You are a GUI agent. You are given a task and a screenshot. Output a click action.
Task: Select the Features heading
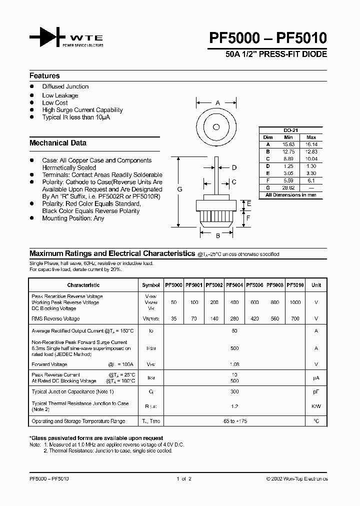pos(44,76)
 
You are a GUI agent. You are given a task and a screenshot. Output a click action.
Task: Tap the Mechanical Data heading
pos(58,143)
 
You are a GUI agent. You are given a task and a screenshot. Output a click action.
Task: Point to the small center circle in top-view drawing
pos(216,126)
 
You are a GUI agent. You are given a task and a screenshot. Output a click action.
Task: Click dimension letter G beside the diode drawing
pos(179,189)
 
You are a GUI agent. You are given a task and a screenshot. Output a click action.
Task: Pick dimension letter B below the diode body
pos(218,236)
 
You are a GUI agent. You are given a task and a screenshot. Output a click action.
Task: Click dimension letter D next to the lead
pos(234,168)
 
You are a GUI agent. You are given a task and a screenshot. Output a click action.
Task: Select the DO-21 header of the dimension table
pos(291,130)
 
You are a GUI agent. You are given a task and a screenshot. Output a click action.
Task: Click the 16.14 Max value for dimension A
pos(311,144)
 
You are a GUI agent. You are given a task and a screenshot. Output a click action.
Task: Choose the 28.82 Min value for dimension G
pos(288,188)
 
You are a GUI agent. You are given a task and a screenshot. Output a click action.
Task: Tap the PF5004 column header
pos(235,285)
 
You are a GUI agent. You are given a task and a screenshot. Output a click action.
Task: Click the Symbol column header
pos(151,285)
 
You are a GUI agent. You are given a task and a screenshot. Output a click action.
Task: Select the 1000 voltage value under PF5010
pos(295,302)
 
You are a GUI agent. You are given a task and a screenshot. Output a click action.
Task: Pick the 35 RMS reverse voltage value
pos(174,318)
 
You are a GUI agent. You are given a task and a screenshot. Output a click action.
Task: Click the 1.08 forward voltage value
pos(235,364)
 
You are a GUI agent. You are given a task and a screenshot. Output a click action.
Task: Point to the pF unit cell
pos(316,391)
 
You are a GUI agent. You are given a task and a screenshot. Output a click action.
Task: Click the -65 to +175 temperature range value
pos(235,421)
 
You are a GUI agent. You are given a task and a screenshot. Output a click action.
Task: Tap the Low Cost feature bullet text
pos(55,102)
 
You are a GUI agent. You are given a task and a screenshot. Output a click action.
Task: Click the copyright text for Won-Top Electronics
pos(297,479)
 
